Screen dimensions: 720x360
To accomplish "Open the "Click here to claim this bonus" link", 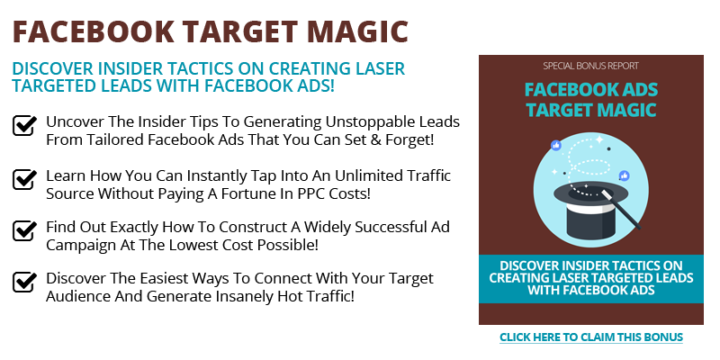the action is (x=591, y=337).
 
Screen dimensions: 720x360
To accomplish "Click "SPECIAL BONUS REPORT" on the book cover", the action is (x=591, y=66).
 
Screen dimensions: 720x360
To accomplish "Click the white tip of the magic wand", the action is (x=606, y=195).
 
